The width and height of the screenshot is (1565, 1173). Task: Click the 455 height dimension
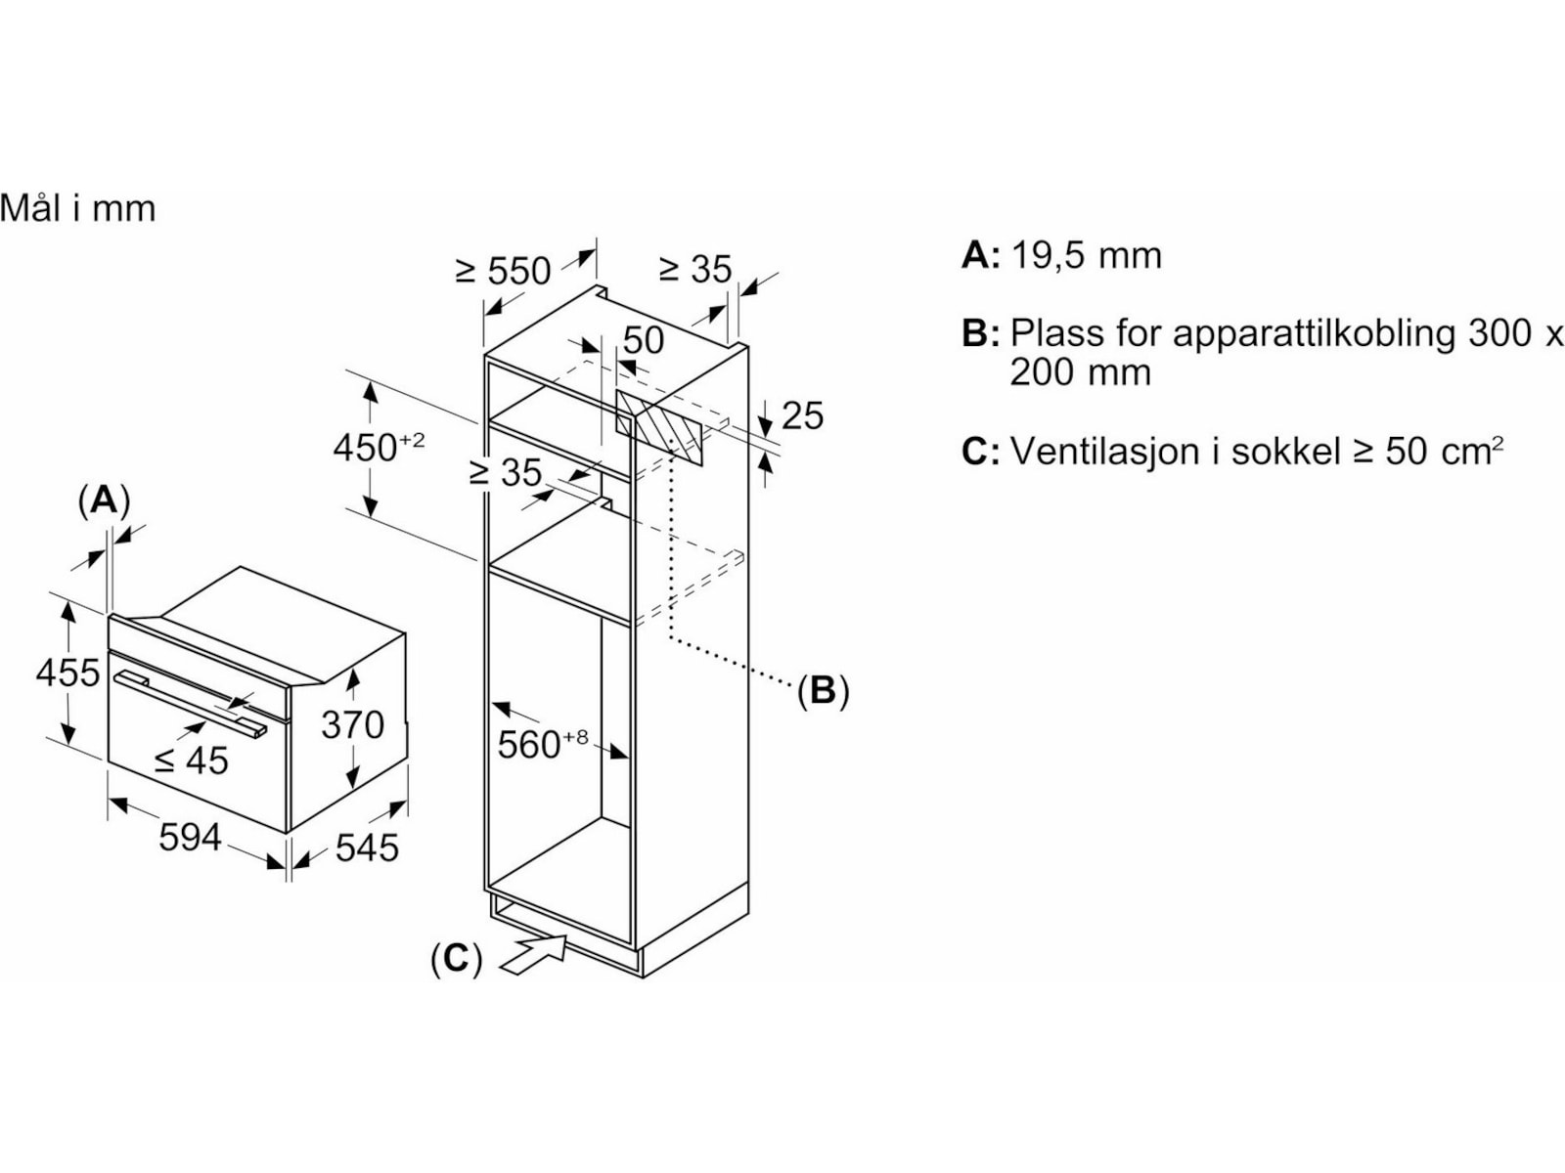pyautogui.click(x=67, y=673)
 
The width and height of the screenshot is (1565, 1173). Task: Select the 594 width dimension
pyautogui.click(x=190, y=838)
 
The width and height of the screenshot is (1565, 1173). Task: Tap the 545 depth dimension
pyautogui.click(x=367, y=847)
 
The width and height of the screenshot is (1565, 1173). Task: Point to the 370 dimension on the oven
pyautogui.click(x=352, y=724)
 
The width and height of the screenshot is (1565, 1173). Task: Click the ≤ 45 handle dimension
pyautogui.click(x=192, y=760)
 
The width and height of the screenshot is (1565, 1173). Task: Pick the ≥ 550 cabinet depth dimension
pyautogui.click(x=504, y=270)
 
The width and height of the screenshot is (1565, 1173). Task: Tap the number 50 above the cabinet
pyautogui.click(x=643, y=340)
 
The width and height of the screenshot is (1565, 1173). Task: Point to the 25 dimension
pyautogui.click(x=802, y=415)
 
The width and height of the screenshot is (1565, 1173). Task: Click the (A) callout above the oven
pyautogui.click(x=103, y=500)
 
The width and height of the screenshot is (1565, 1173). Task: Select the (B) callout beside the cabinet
pyautogui.click(x=823, y=691)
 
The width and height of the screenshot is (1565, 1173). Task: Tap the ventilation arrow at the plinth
pyautogui.click(x=534, y=953)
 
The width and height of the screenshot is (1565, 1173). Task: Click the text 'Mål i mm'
pyautogui.click(x=78, y=208)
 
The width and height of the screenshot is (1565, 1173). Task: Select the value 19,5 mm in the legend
pyautogui.click(x=1086, y=255)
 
